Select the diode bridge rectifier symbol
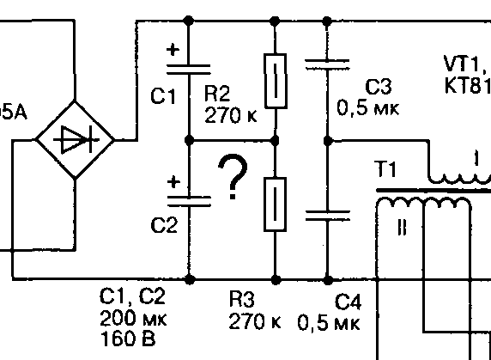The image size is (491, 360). [75, 140]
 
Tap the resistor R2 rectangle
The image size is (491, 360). [276, 81]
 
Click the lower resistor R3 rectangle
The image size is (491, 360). [275, 204]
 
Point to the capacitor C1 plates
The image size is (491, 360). [189, 70]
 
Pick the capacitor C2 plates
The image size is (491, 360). [189, 201]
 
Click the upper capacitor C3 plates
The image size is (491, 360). [327, 64]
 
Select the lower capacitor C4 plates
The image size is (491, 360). [328, 216]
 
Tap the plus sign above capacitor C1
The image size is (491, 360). [173, 50]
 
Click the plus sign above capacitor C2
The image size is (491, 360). [173, 182]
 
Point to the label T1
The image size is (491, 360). [385, 169]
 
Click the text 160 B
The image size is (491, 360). [128, 339]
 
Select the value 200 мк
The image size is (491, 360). [133, 318]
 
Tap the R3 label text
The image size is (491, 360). [242, 299]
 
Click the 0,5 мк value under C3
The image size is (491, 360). [368, 108]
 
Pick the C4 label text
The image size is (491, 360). [348, 302]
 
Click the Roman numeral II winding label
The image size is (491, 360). [402, 227]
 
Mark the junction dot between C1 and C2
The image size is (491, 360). [189, 140]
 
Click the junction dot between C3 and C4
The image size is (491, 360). [328, 141]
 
